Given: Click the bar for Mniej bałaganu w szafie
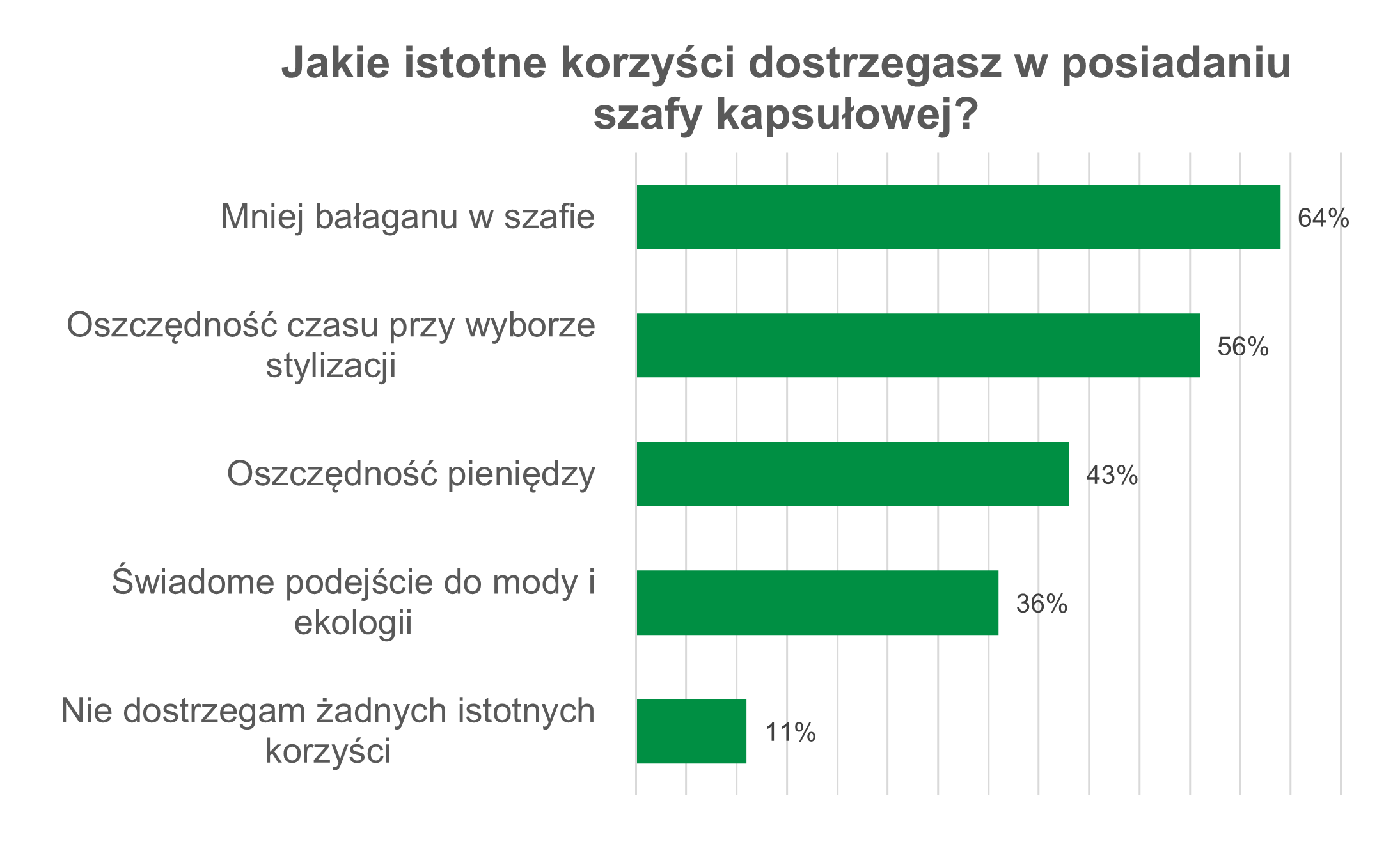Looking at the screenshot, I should coord(958,217).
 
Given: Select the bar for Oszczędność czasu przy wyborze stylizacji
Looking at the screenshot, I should coord(918,345).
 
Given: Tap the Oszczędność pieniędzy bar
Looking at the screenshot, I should coord(853,474).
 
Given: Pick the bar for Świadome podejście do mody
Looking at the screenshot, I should coord(817,602).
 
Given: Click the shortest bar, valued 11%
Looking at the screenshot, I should coord(691,731).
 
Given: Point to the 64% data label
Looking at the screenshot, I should coord(1323,219).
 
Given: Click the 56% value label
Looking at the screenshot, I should coord(1243,347).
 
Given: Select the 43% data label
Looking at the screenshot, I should coord(1112,476).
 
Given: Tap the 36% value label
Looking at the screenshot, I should coord(1041,604).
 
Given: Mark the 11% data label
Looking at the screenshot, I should coord(790,733).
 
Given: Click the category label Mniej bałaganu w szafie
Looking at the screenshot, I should coord(407,217).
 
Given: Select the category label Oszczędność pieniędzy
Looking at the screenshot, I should coord(411,474).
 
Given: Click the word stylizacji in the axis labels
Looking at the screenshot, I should coord(331,366).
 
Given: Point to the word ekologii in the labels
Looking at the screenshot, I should coord(353,622).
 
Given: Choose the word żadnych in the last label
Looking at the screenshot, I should coord(384,710).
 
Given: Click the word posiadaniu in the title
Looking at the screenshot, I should coord(1176,63).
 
